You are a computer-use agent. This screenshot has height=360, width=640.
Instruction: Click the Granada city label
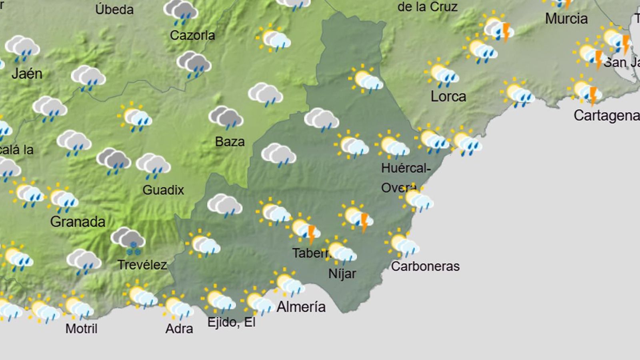tap(78, 222)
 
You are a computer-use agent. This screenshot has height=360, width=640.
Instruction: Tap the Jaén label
tap(27, 74)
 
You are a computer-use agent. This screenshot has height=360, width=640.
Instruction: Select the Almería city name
tap(301, 307)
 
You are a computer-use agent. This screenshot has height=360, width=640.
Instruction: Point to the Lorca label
tap(448, 96)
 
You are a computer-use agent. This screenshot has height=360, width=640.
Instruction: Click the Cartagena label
tap(606, 116)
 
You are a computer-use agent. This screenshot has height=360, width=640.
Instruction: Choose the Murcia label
tap(566, 18)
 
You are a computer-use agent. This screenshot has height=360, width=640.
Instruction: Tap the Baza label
tap(230, 142)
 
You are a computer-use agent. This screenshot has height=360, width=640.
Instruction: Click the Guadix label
tap(163, 190)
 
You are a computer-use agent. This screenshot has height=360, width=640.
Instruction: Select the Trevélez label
tap(142, 265)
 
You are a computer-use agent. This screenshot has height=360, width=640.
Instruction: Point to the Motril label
tap(81, 329)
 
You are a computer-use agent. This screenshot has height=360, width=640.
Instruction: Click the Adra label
tap(179, 329)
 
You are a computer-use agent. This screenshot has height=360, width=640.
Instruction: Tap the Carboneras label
tap(425, 266)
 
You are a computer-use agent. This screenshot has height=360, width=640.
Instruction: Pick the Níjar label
tap(342, 274)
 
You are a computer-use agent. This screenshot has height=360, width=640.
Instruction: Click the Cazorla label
tap(192, 36)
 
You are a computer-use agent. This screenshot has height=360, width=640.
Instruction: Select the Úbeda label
tap(114, 10)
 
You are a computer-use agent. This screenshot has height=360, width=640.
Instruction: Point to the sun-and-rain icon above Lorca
tap(442, 74)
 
